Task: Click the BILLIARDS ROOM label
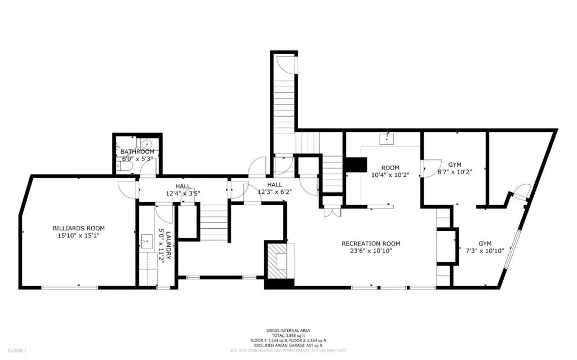(x=79, y=228)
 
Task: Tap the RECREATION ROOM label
(x=371, y=243)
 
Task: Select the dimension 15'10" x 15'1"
(x=79, y=237)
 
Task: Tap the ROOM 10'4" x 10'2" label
(x=390, y=171)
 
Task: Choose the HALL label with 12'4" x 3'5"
(x=183, y=189)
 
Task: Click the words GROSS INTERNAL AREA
(x=288, y=330)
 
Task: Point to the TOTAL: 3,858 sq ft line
(x=288, y=335)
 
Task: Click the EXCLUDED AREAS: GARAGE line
(x=288, y=345)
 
